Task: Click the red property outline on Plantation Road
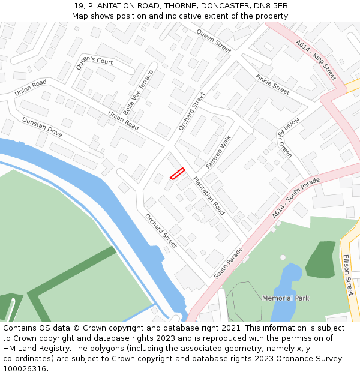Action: pyautogui.click(x=176, y=173)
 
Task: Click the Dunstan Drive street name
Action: pyautogui.click(x=42, y=127)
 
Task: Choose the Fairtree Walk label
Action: pyautogui.click(x=218, y=151)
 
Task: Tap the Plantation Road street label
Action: pyautogui.click(x=209, y=196)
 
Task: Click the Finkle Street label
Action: pyautogui.click(x=272, y=85)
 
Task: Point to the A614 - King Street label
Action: pyautogui.click(x=316, y=61)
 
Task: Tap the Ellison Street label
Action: pyautogui.click(x=349, y=274)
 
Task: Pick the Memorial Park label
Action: pyautogui.click(x=286, y=298)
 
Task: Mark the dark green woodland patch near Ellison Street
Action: pyautogui.click(x=322, y=259)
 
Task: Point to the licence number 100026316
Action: pyautogui.click(x=25, y=368)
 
